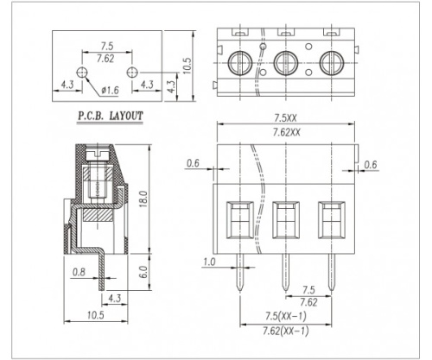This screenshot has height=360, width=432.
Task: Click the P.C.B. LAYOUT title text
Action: [111, 116]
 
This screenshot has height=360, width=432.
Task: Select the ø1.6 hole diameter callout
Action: [110, 91]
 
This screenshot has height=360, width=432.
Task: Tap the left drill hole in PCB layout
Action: [82, 72]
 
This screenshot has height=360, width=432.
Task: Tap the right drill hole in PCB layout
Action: [132, 72]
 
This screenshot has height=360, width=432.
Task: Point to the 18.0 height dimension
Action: [143, 199]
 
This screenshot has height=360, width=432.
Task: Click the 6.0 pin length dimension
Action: [143, 272]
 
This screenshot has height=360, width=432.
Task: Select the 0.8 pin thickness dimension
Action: [79, 272]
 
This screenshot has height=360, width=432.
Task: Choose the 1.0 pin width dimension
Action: [209, 262]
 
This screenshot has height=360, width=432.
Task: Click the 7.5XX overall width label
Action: [285, 118]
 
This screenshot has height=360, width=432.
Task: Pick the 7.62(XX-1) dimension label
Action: [285, 331]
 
